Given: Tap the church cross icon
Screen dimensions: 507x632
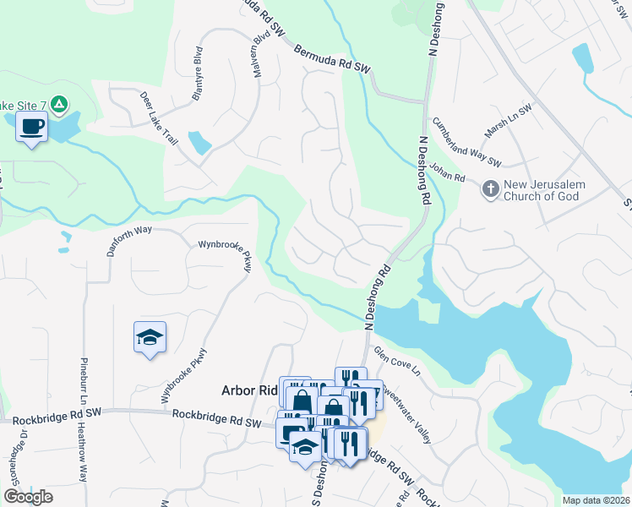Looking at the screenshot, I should pyautogui.click(x=490, y=189).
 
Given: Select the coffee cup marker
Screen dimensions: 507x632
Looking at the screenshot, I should pyautogui.click(x=32, y=128).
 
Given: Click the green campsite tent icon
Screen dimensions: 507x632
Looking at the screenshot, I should pyautogui.click(x=58, y=105).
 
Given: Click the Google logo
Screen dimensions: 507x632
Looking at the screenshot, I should pyautogui.click(x=28, y=497).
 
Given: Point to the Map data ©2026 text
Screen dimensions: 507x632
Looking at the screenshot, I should pyautogui.click(x=597, y=500).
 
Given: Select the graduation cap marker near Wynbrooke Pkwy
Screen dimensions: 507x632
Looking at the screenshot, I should pyautogui.click(x=150, y=338).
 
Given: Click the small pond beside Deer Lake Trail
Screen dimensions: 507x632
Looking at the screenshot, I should pyautogui.click(x=200, y=142).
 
